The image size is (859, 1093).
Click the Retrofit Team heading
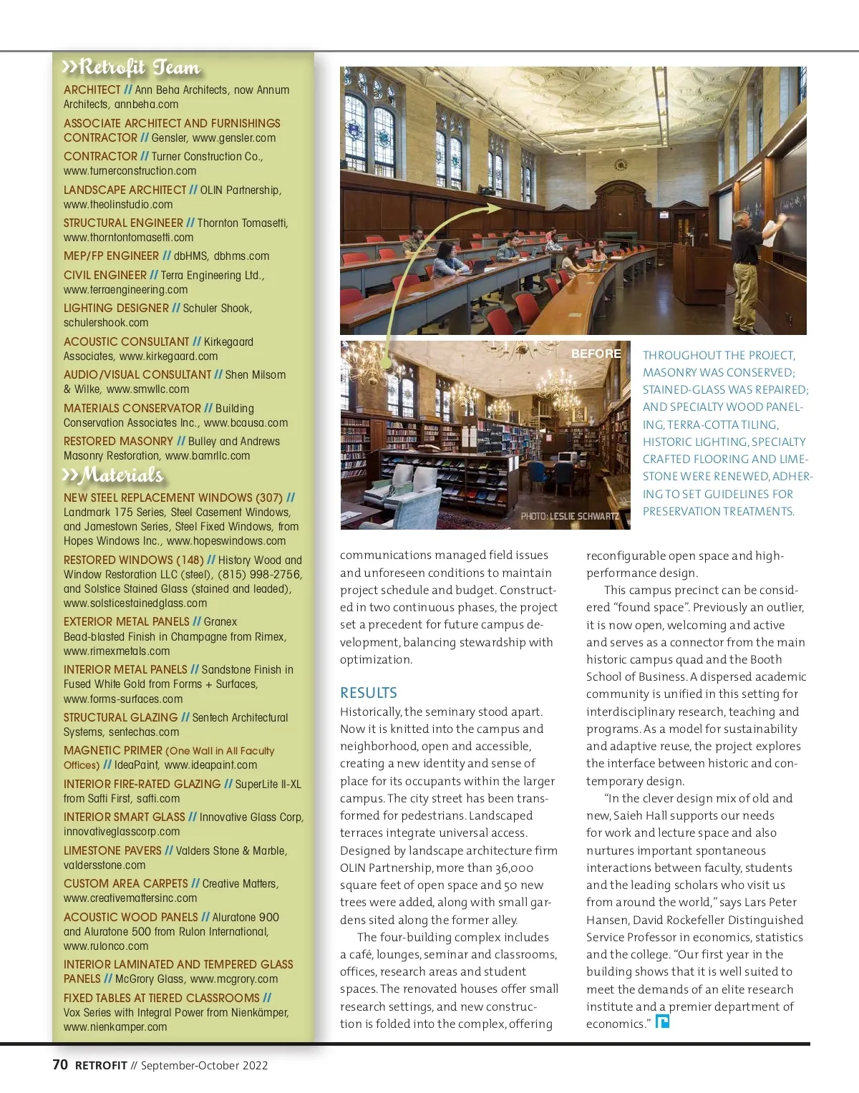[132, 67]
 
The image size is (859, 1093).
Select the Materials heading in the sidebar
[115, 475]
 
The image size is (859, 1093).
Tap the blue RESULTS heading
[368, 693]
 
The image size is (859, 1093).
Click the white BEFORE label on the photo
[596, 354]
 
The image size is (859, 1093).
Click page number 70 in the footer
[60, 1064]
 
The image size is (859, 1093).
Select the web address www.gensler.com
[234, 138]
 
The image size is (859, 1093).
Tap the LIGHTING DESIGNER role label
[116, 309]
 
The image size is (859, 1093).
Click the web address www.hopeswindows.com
[226, 541]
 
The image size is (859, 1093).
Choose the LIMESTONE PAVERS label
[112, 850]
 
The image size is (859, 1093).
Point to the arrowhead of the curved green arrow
[493, 208]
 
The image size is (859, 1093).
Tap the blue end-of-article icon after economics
[662, 1021]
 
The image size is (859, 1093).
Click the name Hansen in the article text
[608, 920]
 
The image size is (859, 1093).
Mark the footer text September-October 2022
[204, 1065]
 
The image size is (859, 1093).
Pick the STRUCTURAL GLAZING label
[120, 717]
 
